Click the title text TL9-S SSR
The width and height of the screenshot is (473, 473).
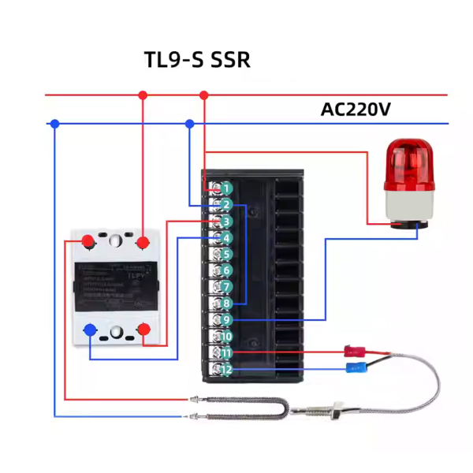197,60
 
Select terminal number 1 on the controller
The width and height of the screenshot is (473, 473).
225,188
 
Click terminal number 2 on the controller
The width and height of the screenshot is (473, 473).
225,205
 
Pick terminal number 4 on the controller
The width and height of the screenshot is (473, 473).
225,238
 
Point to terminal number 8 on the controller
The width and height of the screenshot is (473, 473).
225,304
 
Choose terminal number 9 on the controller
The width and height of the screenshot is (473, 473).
225,320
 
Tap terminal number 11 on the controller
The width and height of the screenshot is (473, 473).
225,353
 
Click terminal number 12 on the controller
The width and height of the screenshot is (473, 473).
225,370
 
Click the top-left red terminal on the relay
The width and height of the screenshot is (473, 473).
89,241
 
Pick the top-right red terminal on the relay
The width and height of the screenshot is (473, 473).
143,241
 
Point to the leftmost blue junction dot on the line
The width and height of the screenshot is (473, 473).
54,124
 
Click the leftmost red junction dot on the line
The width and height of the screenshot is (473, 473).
143,95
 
